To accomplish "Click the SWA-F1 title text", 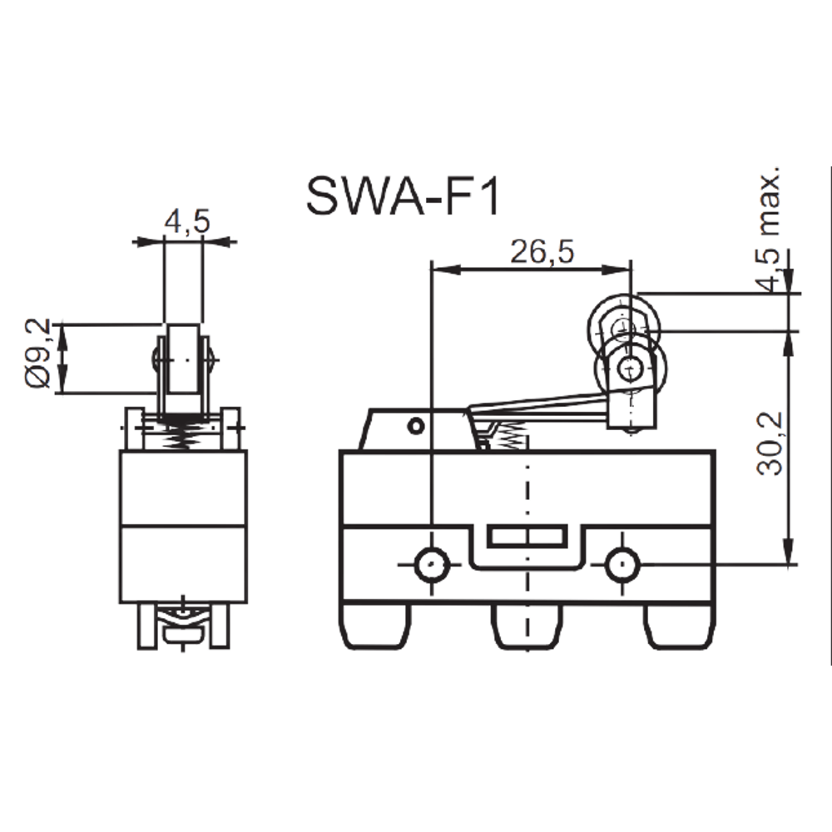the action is point(403,196).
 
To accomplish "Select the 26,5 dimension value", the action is point(542,251).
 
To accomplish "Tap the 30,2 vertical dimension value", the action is point(771,443).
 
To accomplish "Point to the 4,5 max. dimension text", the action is point(770,229).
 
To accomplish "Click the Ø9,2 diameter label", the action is point(37,353).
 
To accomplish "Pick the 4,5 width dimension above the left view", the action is point(187,221).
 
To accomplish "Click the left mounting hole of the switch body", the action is point(432,565).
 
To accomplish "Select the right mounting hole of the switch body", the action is point(623,565).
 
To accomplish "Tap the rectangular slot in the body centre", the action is point(527,536).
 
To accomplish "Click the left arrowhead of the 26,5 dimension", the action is point(446,270).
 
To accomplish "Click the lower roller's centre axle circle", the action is point(630,366).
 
